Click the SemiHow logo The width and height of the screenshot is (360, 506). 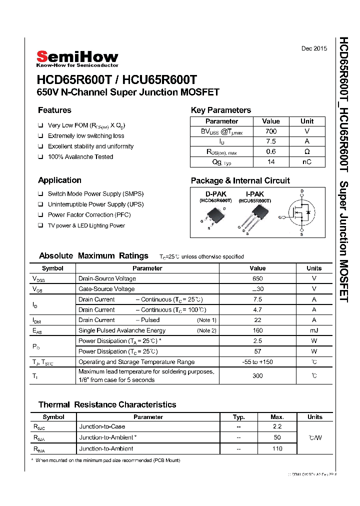(77, 58)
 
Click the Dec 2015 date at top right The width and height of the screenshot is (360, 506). (314, 48)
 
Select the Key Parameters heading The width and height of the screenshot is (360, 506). (220, 110)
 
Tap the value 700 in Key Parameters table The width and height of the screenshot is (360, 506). (270, 131)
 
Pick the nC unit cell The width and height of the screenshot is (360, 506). (306, 162)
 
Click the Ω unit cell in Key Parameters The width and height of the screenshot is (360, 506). (306, 151)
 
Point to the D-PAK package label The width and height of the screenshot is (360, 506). (215, 194)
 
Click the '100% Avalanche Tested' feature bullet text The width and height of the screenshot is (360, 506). (80, 157)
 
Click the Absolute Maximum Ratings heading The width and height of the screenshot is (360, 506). (93, 256)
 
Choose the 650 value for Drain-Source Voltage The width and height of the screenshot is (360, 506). (257, 278)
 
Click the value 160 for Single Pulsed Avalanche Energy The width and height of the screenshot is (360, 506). (257, 330)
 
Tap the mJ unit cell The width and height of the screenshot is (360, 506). (314, 330)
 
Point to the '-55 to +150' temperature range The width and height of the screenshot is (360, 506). (257, 362)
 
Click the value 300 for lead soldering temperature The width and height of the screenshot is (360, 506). (257, 375)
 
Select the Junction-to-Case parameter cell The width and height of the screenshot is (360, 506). (102, 426)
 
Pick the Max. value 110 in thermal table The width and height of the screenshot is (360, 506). (277, 448)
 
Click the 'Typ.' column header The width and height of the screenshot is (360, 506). (239, 417)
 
